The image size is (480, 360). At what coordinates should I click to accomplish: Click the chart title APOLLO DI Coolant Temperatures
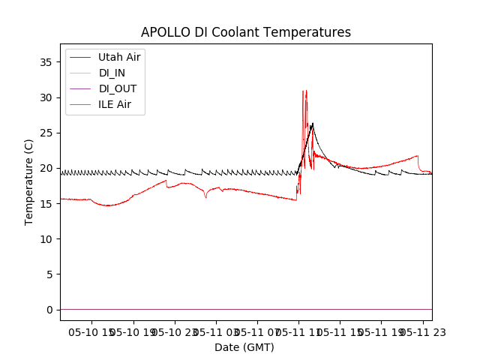point(246,32)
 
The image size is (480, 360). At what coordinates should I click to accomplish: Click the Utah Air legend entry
point(119,57)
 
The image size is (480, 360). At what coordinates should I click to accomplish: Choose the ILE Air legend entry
point(115,104)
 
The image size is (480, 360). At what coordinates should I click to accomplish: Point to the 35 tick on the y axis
point(46,62)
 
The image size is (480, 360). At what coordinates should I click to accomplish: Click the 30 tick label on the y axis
point(46,97)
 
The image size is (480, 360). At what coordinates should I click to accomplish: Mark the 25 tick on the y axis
point(46,133)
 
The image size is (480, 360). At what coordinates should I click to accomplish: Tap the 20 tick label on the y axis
point(46,168)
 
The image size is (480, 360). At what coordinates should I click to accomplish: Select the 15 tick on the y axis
point(46,203)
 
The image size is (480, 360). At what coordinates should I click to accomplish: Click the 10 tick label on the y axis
point(46,239)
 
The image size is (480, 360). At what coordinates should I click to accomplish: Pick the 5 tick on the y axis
point(49,274)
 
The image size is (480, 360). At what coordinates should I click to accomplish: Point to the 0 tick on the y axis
point(49,310)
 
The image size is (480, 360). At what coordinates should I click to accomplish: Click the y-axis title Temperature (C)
point(28,181)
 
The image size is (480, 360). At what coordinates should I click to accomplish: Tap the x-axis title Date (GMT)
point(244,347)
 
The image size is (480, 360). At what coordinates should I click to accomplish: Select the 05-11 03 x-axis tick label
point(217,331)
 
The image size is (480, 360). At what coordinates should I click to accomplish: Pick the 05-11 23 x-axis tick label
point(423,331)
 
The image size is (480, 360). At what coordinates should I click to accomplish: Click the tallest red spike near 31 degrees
point(306,91)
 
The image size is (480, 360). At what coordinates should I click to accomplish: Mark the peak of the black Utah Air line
point(313,124)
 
